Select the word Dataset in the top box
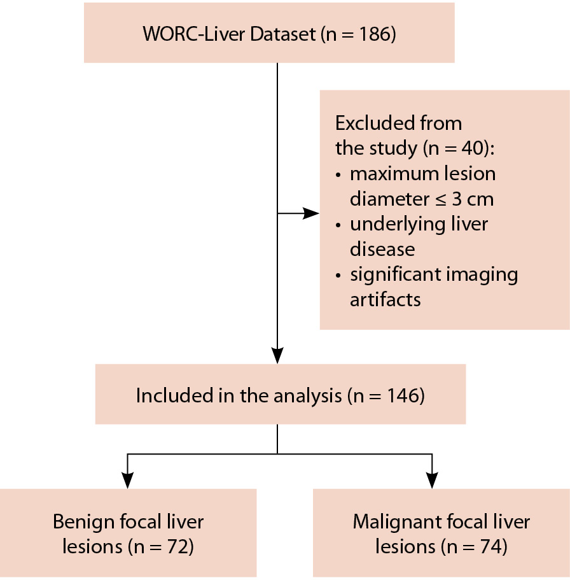click(x=282, y=34)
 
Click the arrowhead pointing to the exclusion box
click(x=312, y=213)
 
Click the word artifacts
click(x=386, y=299)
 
